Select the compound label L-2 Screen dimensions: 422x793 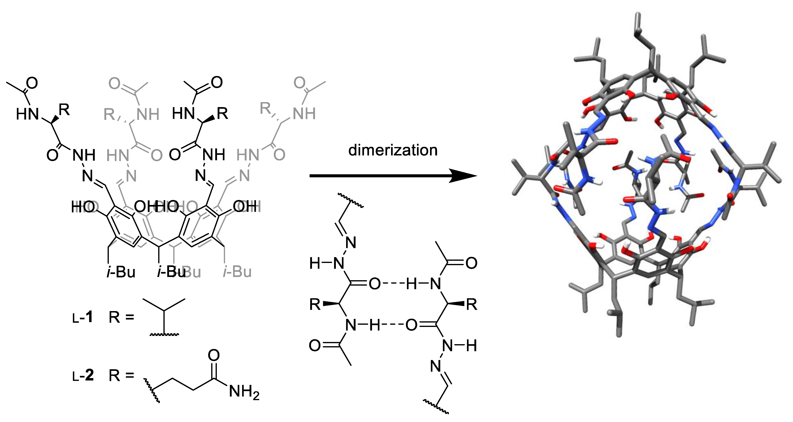[x=83, y=375]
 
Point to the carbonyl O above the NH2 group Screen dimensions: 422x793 [x=214, y=355]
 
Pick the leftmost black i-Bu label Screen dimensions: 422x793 [x=121, y=272]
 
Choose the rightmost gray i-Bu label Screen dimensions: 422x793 [x=237, y=272]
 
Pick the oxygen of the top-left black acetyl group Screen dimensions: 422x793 [x=32, y=83]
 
